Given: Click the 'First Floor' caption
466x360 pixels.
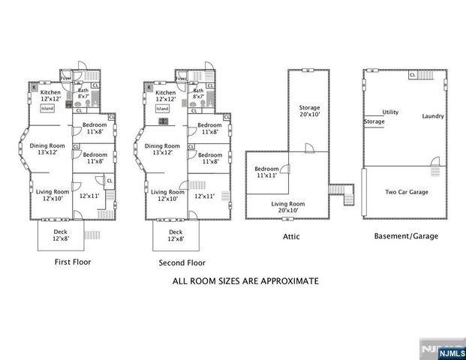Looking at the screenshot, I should [x=73, y=262].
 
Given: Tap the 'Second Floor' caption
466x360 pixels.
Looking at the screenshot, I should [x=182, y=263].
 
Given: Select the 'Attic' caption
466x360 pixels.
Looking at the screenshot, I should [x=292, y=236].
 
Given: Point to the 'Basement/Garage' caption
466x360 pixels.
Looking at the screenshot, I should [x=406, y=236].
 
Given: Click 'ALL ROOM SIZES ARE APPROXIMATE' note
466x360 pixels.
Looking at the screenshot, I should [x=246, y=281].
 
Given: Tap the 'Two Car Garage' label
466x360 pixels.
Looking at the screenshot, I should [x=407, y=192].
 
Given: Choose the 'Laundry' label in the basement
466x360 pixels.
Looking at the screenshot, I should [x=433, y=116].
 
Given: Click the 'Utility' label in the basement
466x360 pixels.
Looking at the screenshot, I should [x=390, y=112].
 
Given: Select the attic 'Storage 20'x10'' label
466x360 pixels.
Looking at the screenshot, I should [x=309, y=111].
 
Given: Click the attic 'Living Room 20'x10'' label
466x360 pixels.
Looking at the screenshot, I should [x=288, y=208].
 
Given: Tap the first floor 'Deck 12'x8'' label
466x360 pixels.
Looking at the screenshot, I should [x=60, y=236].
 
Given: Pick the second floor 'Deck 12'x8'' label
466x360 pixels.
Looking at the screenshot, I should [x=176, y=236].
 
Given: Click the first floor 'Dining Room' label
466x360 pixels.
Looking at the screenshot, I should [x=47, y=148].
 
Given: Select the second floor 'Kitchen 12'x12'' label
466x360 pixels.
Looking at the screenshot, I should [x=165, y=96].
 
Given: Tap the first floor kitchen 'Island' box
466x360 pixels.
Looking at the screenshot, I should [x=47, y=108].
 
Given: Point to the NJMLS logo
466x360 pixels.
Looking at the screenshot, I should [x=441, y=349].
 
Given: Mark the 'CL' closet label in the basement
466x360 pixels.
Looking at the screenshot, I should [x=413, y=75].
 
